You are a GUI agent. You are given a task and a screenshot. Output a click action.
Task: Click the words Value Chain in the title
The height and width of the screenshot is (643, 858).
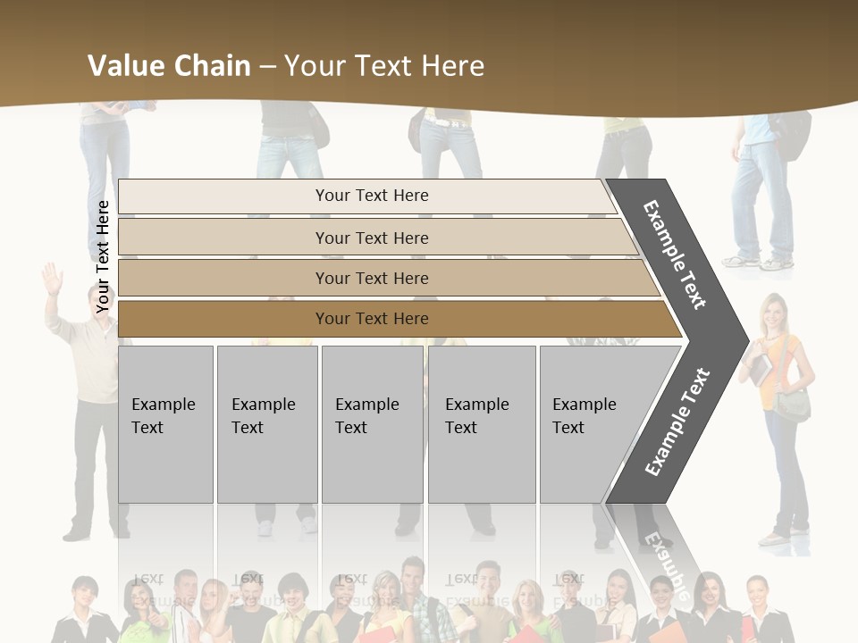pos(169,66)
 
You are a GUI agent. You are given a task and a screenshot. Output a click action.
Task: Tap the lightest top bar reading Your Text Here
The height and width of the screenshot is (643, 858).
pos(371,196)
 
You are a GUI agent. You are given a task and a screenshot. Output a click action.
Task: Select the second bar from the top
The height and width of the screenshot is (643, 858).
pos(372,238)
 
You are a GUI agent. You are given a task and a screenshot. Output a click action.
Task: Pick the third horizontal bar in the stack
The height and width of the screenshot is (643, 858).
pos(372,278)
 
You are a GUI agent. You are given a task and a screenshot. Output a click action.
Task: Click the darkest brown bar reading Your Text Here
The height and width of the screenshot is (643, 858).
pos(372,319)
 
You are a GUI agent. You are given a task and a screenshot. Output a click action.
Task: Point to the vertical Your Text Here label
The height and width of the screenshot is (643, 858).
pos(103,256)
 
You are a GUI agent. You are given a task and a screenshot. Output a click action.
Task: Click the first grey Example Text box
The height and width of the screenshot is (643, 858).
pos(165,424)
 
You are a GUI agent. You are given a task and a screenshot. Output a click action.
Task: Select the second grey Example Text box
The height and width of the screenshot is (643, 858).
pos(266,424)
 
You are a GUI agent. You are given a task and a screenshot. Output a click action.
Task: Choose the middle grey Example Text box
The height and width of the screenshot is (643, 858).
pos(372,424)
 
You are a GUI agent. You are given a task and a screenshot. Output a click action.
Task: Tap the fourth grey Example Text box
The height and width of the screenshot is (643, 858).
pos(481,424)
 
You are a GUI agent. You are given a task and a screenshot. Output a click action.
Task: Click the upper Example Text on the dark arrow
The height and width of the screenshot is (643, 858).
pos(675,255)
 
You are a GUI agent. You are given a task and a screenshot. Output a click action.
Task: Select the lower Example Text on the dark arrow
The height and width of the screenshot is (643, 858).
pos(677,422)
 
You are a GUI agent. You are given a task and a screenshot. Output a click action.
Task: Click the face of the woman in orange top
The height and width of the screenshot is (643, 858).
pos(773,313)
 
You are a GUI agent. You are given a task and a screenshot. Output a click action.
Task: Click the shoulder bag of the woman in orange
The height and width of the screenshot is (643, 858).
pos(792,404)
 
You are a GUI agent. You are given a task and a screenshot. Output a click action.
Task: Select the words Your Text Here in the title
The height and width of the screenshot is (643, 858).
pos(384,66)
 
